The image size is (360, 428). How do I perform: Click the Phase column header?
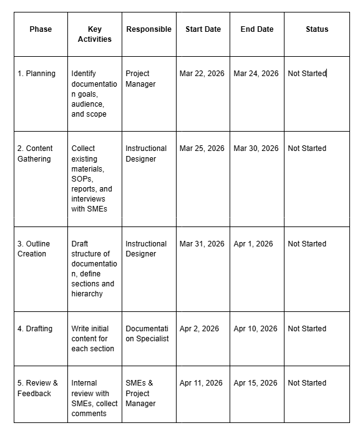[x=41, y=29]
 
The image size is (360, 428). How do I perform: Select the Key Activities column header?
[x=95, y=34]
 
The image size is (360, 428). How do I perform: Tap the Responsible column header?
[x=148, y=29]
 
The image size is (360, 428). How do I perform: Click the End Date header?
[x=256, y=29]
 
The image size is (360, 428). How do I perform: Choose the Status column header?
[x=317, y=29]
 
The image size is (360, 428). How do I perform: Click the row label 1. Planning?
[x=36, y=74]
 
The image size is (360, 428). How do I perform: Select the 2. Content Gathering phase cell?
[x=35, y=153]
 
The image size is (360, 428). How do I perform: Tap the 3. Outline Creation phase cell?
[x=34, y=249]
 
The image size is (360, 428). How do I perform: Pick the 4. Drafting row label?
[x=35, y=329]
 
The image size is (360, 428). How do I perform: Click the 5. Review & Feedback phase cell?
[x=37, y=388]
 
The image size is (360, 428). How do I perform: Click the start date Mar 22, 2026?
[x=202, y=74]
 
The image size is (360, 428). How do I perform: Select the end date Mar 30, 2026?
[x=256, y=148]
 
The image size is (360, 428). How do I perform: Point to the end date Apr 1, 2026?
[x=253, y=244]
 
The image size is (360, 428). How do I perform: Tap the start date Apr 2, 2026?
[x=199, y=329]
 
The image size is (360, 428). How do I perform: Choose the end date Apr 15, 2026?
[x=255, y=383]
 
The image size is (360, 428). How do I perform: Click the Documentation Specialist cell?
[x=147, y=334]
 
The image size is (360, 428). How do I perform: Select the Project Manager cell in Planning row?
[x=140, y=79]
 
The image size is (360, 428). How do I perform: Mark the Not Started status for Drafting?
[x=307, y=329]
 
